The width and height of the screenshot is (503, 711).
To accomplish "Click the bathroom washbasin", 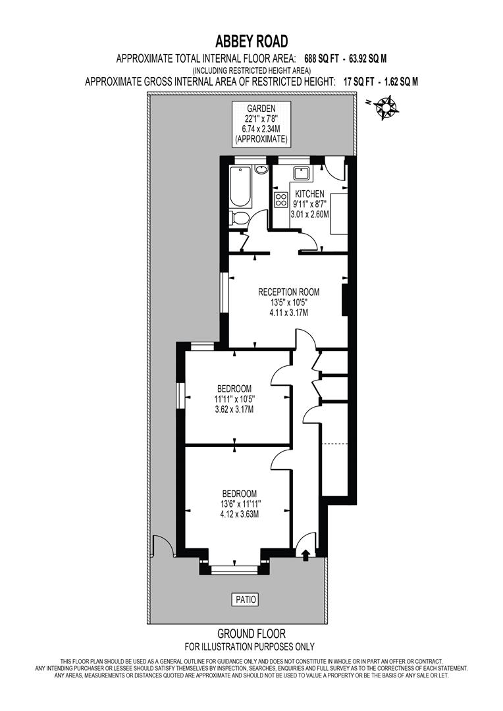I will [261, 170].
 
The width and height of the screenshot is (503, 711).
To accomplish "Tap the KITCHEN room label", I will [309, 194].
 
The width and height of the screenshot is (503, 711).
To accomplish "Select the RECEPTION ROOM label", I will [288, 292].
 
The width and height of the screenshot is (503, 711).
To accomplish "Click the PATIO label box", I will [245, 599].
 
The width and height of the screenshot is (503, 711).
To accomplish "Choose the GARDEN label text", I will [261, 109].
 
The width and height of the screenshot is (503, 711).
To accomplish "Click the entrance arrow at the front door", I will [305, 556].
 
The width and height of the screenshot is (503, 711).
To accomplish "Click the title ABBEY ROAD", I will [251, 42].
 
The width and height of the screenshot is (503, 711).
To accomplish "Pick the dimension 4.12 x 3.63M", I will [239, 514].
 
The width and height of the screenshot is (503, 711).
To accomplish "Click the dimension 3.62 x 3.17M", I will [234, 409].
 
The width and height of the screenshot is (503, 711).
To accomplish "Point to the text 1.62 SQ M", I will [396, 82].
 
